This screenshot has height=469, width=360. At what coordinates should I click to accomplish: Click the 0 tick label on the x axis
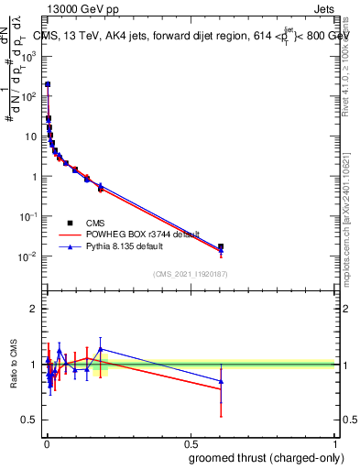click(47, 442)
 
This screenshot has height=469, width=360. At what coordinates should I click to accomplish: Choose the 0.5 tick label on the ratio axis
click(30, 420)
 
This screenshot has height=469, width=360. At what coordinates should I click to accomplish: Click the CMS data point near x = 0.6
click(221, 246)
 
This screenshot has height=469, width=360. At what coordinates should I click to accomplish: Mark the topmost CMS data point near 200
click(48, 84)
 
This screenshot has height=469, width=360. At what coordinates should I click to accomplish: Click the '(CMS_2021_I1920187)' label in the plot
click(191, 273)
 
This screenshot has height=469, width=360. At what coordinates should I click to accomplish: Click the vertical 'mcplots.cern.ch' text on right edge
click(352, 229)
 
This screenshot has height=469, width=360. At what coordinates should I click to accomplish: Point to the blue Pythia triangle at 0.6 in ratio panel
click(221, 381)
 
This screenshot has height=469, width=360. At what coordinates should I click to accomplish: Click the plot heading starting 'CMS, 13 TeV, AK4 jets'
click(188, 35)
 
